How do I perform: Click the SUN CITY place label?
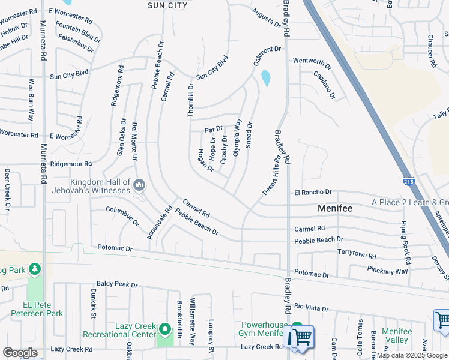(x=167, y=5)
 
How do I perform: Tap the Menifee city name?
(x=335, y=208)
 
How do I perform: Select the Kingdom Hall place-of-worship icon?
(x=139, y=184)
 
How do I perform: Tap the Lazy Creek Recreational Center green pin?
(x=166, y=329)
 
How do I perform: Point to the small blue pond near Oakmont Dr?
(x=266, y=78)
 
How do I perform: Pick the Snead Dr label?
(x=249, y=134)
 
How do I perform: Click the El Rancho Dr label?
(x=313, y=192)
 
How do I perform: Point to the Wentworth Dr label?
(x=312, y=61)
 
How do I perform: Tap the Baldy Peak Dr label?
(x=117, y=283)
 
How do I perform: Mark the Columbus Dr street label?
(x=122, y=215)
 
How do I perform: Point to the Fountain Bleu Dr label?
(x=78, y=29)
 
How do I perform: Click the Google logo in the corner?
(x=20, y=353)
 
